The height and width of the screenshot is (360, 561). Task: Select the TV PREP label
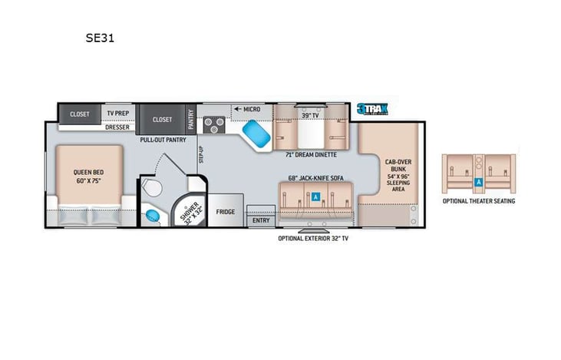point(117,114)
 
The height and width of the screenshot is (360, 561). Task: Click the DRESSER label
point(117,127)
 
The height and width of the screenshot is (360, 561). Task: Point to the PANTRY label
point(191,119)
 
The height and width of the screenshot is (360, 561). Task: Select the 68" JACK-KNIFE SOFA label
point(315,179)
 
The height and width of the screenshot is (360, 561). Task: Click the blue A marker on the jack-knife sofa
point(315,197)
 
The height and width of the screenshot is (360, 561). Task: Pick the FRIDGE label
point(225,212)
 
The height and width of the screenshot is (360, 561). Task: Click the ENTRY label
point(260,220)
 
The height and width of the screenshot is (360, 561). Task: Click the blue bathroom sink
point(153,215)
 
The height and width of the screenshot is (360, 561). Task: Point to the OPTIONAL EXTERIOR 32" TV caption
point(314,239)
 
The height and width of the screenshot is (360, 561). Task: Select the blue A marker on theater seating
point(478,183)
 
